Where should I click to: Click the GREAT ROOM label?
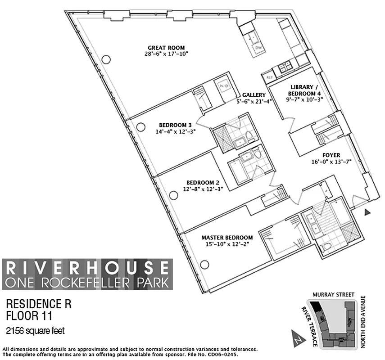166,48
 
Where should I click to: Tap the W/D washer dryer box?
224,85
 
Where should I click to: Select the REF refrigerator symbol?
269,77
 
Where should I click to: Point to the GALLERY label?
254,95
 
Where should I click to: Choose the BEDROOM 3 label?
175,125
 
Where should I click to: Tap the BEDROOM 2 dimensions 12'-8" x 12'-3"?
202,189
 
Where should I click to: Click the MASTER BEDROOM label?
226,238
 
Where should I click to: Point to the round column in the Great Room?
106,59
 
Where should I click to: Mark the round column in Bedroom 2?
173,195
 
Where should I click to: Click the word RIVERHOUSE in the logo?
87,268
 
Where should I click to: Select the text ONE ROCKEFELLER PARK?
87,283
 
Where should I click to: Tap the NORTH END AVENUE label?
363,322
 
